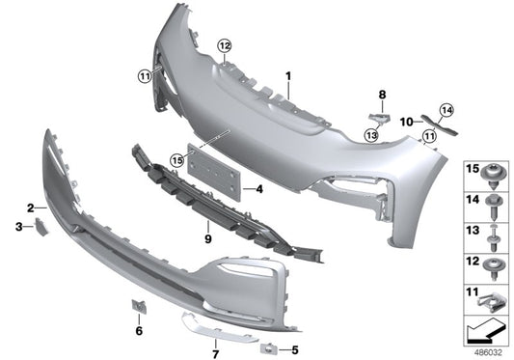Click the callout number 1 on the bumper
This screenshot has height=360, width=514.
286,74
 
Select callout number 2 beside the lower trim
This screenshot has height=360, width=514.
31,208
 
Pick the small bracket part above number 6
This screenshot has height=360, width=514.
136,308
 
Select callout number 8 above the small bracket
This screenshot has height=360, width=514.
382,95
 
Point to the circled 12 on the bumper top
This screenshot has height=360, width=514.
224,45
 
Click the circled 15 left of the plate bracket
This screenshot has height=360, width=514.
177,159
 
